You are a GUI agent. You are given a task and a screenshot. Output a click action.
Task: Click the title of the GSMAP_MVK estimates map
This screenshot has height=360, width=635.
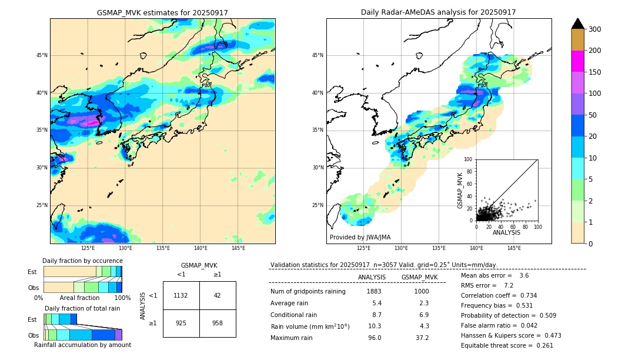click(x=162, y=12)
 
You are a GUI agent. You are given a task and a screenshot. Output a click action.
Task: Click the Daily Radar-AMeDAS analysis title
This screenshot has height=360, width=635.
click(x=439, y=12)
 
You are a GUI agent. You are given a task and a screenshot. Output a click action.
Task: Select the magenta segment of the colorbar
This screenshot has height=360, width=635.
click(x=578, y=61)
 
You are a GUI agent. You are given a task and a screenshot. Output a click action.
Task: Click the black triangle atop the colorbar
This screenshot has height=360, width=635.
click(x=578, y=24)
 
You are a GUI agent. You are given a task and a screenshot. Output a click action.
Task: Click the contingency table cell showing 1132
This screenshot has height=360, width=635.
click(x=181, y=295)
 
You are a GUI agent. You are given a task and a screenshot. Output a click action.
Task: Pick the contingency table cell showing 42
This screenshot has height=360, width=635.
click(x=218, y=295)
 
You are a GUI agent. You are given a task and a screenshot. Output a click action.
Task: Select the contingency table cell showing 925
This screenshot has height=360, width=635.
click(x=181, y=323)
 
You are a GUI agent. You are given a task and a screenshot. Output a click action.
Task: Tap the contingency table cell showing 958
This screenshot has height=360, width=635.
click(x=218, y=323)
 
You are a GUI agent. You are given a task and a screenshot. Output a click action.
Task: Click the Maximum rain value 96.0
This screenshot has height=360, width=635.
click(x=374, y=338)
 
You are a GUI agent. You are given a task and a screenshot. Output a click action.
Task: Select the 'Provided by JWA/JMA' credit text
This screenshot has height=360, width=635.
click(x=360, y=237)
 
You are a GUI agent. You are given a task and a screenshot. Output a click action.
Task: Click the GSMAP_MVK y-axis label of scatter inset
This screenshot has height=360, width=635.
click(x=460, y=189)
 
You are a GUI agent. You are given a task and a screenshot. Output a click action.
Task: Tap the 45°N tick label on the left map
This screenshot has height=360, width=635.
click(x=42, y=55)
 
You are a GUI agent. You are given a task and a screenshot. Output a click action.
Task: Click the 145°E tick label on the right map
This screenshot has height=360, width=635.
click(x=514, y=248)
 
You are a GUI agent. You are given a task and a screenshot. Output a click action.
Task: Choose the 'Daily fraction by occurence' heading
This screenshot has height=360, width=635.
click(x=82, y=261)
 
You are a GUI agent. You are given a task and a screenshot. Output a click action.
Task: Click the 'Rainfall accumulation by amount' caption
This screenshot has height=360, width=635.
click(x=82, y=345)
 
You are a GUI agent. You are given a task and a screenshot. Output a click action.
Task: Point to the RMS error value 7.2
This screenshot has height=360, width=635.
click(x=509, y=285)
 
